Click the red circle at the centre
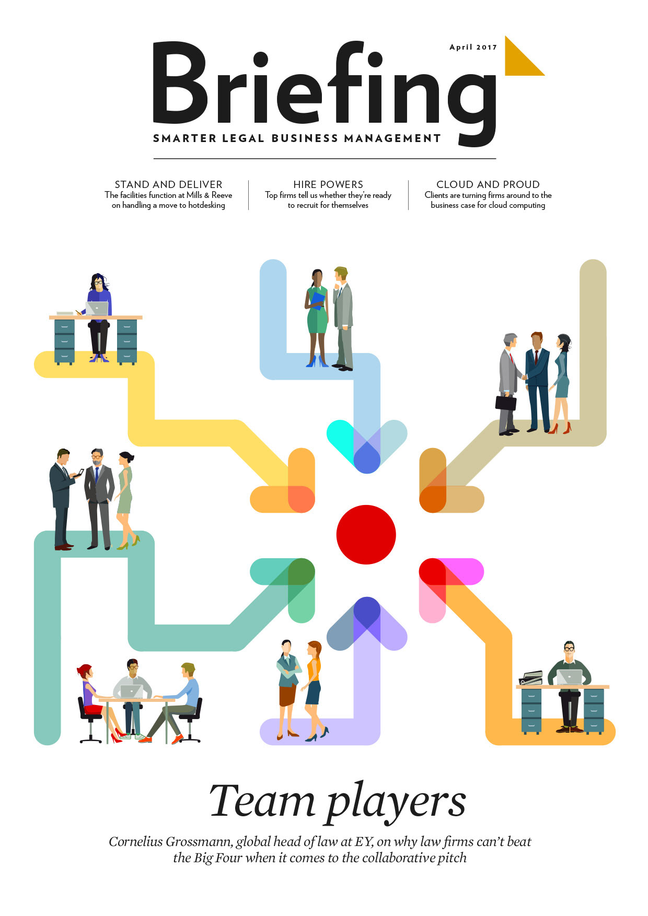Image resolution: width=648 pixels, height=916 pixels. [x=366, y=534]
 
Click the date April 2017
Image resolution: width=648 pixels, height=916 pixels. [x=473, y=47]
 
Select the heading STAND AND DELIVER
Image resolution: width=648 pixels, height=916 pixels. [x=168, y=184]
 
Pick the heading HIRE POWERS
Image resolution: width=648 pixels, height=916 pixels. [x=328, y=184]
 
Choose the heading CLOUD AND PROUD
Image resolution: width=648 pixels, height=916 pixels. [x=488, y=184]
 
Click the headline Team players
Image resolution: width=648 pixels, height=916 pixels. [x=337, y=802]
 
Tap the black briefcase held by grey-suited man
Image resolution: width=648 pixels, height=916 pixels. [x=505, y=403]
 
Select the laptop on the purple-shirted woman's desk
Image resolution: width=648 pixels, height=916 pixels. [x=97, y=308]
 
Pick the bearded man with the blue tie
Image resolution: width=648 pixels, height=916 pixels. [x=98, y=496]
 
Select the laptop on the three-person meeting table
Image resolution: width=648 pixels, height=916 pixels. [x=131, y=691]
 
